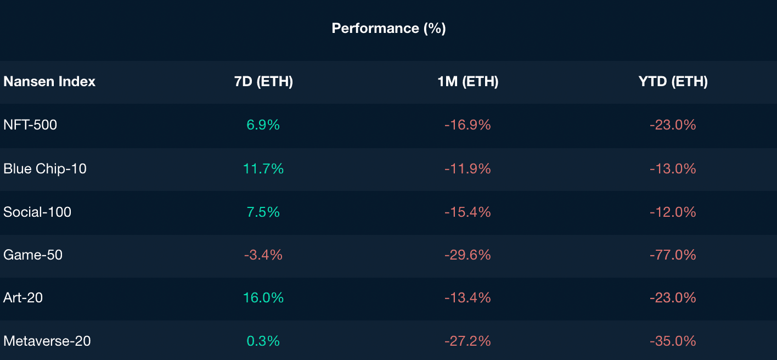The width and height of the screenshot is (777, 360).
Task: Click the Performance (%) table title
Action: (x=388, y=28)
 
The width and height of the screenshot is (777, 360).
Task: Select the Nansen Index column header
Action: (x=49, y=82)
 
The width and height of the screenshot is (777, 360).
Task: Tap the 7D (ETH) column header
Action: (x=263, y=82)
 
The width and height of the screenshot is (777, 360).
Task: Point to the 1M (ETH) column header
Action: (x=468, y=82)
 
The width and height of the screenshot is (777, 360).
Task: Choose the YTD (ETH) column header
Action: (x=673, y=82)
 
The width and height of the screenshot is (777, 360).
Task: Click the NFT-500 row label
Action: (x=30, y=125)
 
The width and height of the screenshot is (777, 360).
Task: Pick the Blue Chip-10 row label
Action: (x=45, y=168)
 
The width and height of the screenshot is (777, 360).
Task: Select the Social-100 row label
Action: (x=37, y=212)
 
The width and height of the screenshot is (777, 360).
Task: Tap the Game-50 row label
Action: (x=33, y=255)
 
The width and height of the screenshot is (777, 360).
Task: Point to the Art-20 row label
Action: (x=23, y=297)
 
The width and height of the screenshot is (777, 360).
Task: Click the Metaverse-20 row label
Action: (x=47, y=341)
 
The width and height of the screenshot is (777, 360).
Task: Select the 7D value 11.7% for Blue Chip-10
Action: (x=263, y=168)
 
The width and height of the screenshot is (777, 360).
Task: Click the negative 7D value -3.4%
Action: (x=263, y=255)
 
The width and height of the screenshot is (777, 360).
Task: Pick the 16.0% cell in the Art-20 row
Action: (x=263, y=297)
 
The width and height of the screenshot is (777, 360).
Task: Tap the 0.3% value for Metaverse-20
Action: (x=263, y=341)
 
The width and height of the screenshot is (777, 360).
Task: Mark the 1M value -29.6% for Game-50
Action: (x=468, y=255)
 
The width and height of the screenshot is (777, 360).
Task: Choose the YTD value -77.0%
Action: (x=673, y=255)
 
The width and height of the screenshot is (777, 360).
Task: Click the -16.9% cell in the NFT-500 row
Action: (x=468, y=125)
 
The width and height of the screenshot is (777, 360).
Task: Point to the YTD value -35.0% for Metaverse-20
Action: (x=673, y=341)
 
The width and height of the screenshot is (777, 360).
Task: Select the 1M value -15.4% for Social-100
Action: (x=468, y=212)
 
